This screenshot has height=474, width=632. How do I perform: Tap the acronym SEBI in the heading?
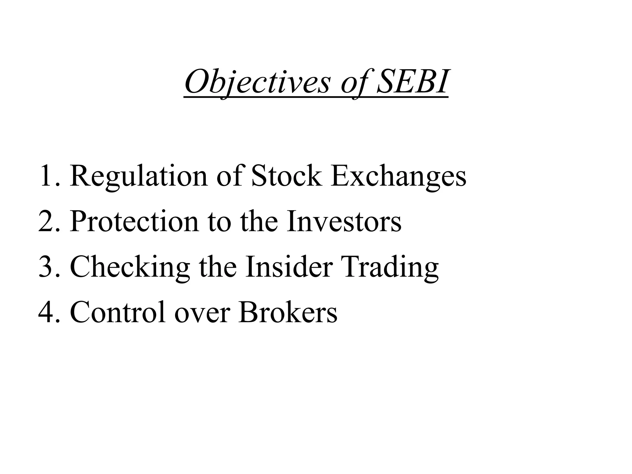click(x=412, y=82)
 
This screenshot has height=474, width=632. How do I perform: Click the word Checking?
click(x=130, y=267)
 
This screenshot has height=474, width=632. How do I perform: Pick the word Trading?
click(x=390, y=267)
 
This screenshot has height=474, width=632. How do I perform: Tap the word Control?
click(x=118, y=312)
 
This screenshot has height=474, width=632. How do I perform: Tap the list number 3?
click(x=48, y=267)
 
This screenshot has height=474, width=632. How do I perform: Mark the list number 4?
click(x=48, y=312)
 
